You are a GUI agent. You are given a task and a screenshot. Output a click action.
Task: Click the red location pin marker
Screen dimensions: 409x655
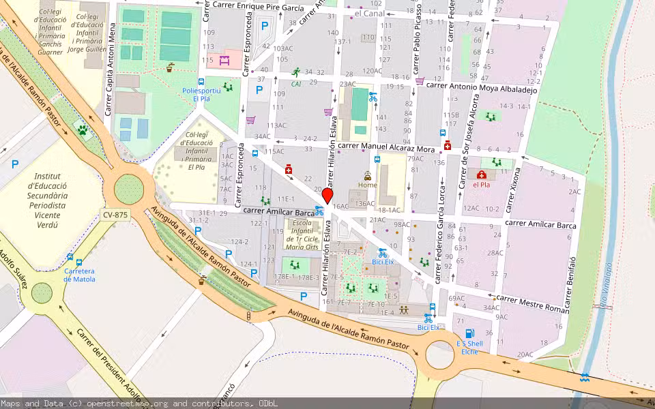(327, 196)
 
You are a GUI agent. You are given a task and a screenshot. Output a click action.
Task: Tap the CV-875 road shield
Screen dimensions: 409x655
(115, 215)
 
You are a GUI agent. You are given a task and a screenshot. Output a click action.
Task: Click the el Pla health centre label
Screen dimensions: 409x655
(482, 184)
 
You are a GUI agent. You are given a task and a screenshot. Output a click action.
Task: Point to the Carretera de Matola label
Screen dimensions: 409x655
(79, 275)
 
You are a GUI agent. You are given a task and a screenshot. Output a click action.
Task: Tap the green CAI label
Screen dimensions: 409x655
(296, 84)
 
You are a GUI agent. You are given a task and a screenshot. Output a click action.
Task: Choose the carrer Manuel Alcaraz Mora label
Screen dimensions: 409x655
(386, 147)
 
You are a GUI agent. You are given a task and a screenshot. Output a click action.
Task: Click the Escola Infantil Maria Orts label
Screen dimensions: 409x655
(302, 234)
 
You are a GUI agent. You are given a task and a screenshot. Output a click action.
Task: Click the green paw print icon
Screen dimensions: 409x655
(83, 130)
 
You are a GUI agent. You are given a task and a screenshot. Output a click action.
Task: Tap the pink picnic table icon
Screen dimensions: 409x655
(224, 61)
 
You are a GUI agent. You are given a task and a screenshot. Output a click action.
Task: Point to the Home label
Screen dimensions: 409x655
(367, 185)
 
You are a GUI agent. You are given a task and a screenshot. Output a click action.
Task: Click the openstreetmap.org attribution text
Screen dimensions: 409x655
(139, 404)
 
